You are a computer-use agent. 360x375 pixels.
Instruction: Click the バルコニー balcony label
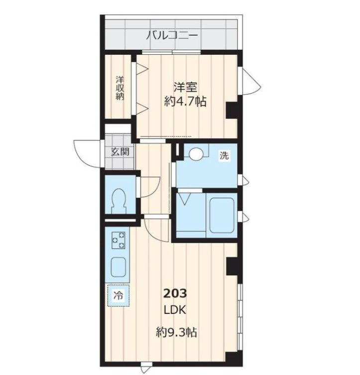click(x=172, y=36)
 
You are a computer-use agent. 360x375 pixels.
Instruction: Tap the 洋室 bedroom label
click(x=185, y=88)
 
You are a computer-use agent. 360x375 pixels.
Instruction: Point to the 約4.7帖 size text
click(x=185, y=102)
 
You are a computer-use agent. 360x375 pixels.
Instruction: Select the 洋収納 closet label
click(x=120, y=88)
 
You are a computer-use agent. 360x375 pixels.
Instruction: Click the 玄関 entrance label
click(x=120, y=151)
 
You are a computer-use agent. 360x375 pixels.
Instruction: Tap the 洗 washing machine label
click(x=225, y=155)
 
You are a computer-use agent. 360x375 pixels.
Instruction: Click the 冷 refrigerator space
click(x=118, y=295)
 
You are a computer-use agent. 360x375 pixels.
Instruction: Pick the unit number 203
click(x=175, y=293)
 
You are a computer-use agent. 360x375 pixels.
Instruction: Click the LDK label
click(x=175, y=310)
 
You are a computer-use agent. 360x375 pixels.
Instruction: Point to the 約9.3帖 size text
click(x=175, y=332)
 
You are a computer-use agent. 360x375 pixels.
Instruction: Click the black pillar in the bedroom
click(x=232, y=110)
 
